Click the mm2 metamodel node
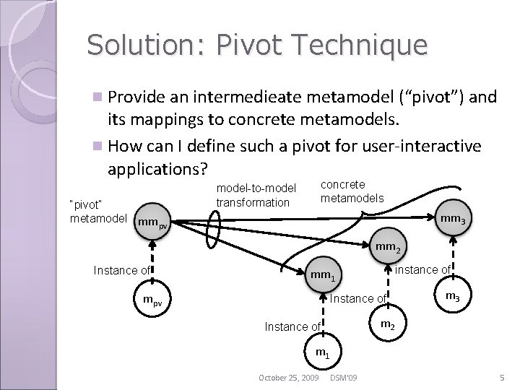pos(389,248)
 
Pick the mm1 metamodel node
pos(323,274)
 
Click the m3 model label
pos(452,295)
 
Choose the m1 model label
pos(322,353)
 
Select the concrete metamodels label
pos(352,191)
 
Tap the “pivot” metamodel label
pos(98,212)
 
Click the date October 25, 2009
pos(289,378)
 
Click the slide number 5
pos(500,378)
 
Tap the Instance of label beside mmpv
pos(122,270)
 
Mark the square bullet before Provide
pos(98,97)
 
